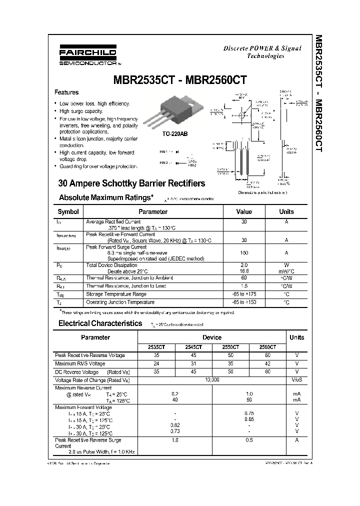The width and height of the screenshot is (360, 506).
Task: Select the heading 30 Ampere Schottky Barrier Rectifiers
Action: (x=132, y=183)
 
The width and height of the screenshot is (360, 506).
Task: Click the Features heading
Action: (x=66, y=92)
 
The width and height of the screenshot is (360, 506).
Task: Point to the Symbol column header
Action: (x=68, y=211)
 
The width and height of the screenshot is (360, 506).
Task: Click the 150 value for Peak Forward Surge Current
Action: (x=244, y=253)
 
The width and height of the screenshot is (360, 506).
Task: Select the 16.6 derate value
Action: (x=244, y=271)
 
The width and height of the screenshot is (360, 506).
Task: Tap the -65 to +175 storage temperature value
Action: (x=244, y=294)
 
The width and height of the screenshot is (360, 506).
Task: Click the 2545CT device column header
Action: (x=193, y=346)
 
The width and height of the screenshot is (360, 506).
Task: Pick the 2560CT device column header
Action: (x=268, y=346)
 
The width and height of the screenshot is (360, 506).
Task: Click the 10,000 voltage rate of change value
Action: (x=212, y=380)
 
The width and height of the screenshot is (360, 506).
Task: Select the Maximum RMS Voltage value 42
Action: (x=268, y=363)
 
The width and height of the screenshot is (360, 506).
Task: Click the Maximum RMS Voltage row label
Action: (x=80, y=363)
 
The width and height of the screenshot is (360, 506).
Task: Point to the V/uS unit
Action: (x=296, y=380)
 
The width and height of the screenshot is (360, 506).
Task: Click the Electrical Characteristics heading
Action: (x=100, y=323)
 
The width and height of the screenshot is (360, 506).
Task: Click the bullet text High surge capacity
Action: (x=81, y=111)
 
